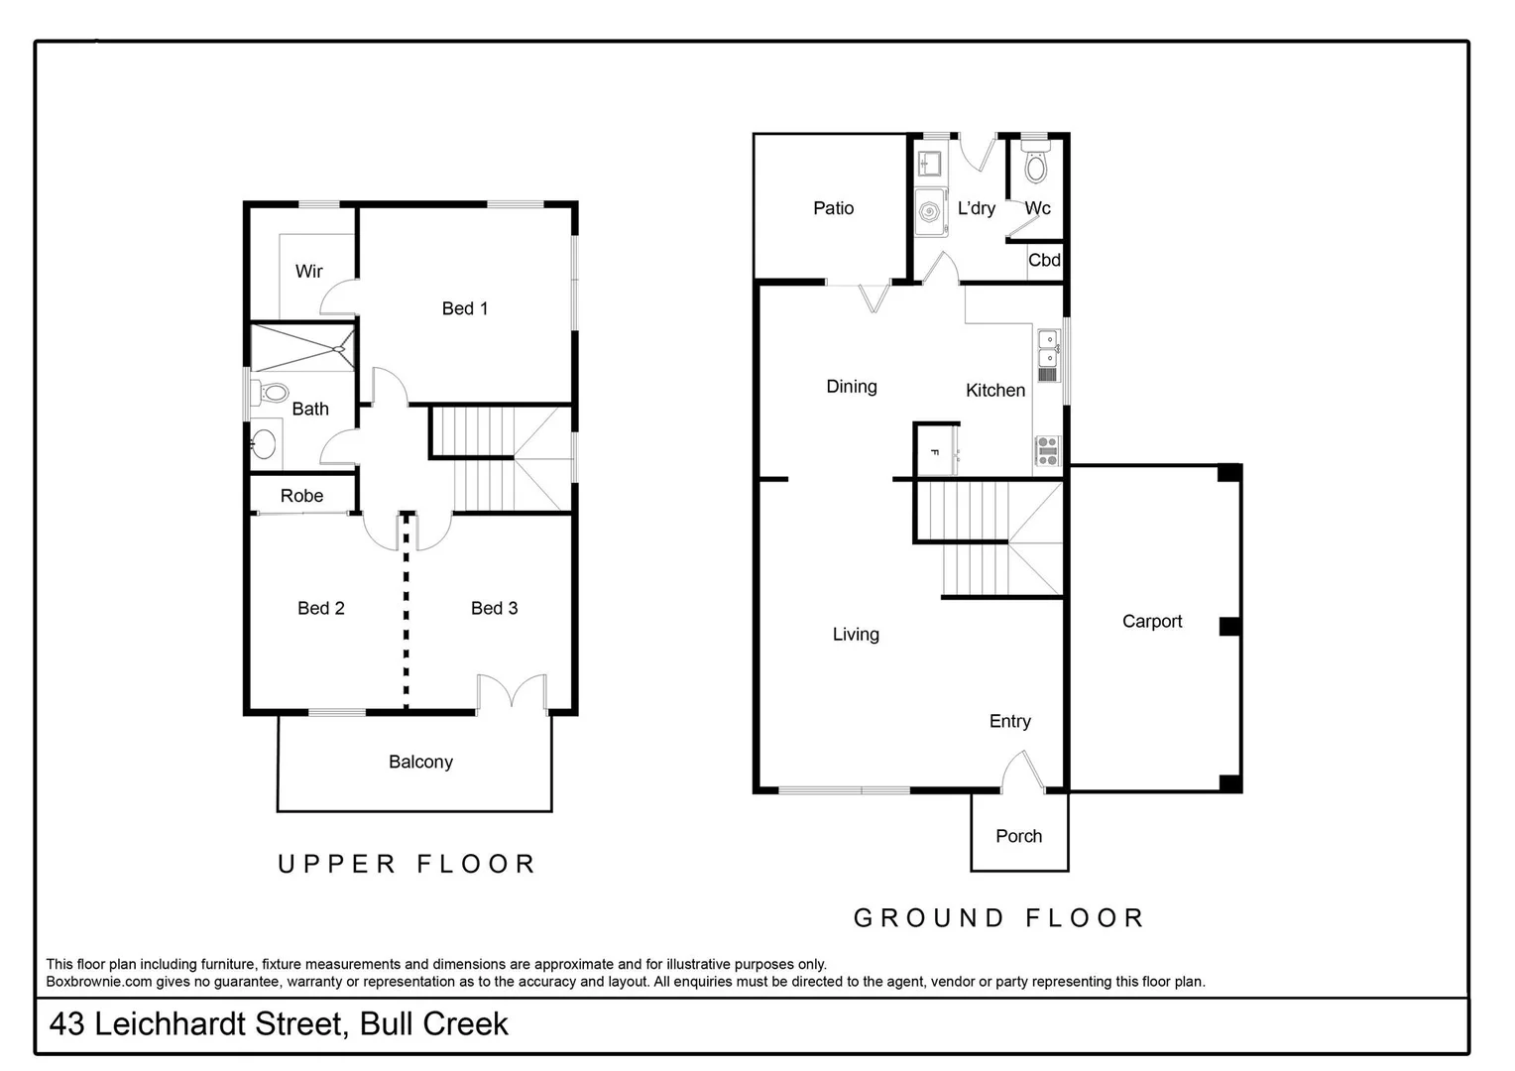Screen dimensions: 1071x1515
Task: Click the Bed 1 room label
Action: [x=464, y=308]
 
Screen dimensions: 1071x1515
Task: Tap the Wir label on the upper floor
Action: [x=308, y=271]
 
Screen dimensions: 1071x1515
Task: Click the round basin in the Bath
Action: [x=264, y=443]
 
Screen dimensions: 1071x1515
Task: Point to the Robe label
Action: [x=301, y=496]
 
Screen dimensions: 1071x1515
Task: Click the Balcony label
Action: [x=420, y=762]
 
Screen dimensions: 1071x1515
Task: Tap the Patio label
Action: [x=833, y=208]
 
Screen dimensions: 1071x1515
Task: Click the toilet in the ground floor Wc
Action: [x=1035, y=166]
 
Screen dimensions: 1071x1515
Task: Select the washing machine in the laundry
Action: [x=930, y=212]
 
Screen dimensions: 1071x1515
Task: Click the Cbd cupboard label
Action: [x=1044, y=261]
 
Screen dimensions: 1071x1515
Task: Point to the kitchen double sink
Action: [x=1047, y=348]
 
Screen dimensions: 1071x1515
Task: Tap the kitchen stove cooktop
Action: [x=1047, y=450]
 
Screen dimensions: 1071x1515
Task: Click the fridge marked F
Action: [x=935, y=452]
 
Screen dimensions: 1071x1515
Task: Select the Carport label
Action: [x=1151, y=622]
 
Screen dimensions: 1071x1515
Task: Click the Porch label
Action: [x=1018, y=836]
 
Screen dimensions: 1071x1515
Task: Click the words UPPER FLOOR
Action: [x=407, y=864]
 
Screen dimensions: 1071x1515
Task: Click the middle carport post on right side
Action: [x=1229, y=626]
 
